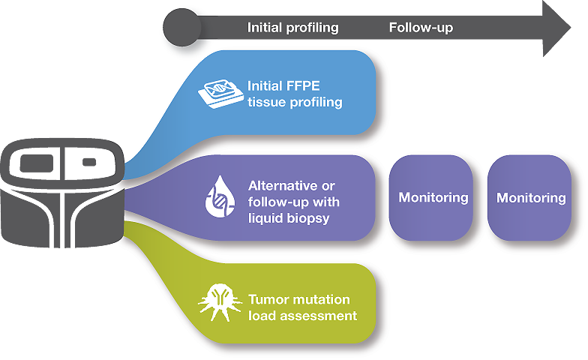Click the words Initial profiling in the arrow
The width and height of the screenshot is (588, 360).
(x=292, y=28)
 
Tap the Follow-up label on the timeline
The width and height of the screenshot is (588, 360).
(x=421, y=27)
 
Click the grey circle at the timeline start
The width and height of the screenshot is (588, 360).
(x=181, y=28)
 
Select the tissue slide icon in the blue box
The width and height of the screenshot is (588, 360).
(x=220, y=94)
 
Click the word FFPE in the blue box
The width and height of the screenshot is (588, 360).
(x=303, y=85)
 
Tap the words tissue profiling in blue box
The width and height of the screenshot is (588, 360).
(x=295, y=102)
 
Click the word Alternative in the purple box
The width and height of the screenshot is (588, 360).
(x=278, y=186)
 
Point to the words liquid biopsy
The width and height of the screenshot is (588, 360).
(x=289, y=218)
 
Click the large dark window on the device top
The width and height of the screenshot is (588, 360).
(x=36, y=163)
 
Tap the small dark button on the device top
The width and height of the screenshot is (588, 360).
(x=88, y=162)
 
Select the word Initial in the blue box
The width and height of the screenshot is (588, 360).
(x=264, y=85)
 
